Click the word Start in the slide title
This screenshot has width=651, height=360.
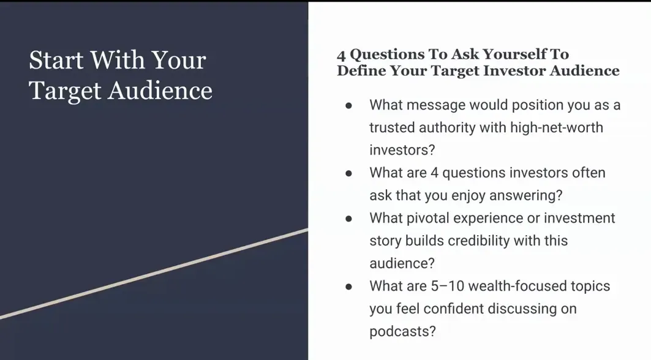(x=56, y=61)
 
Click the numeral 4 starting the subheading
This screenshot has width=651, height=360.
(x=341, y=54)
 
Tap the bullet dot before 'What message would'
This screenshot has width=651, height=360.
(x=348, y=105)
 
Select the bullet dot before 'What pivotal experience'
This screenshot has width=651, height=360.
(x=348, y=219)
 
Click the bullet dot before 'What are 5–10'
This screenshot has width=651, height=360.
(x=348, y=287)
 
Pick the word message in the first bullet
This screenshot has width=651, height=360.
(x=435, y=105)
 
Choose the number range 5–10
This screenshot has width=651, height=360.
(x=452, y=287)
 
